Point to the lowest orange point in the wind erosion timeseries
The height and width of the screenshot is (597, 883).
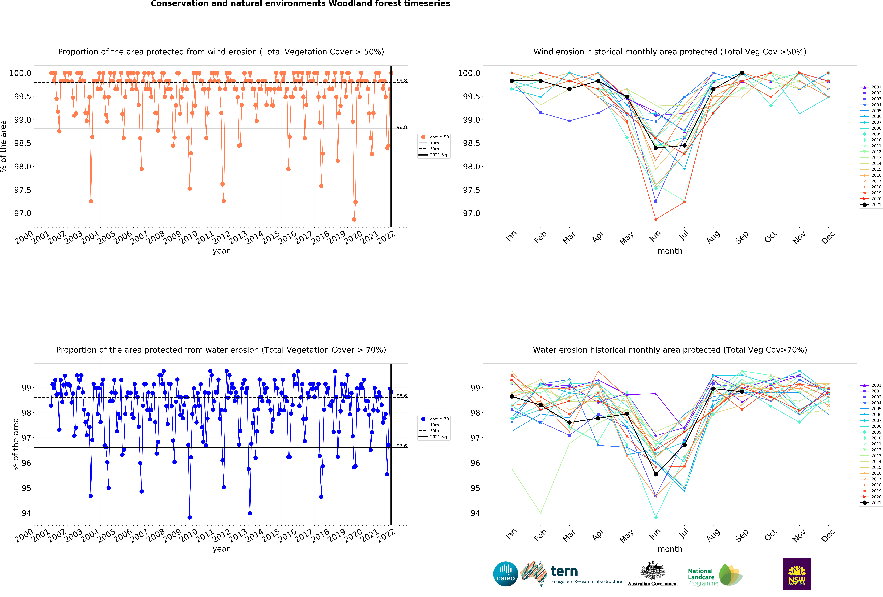[354, 219]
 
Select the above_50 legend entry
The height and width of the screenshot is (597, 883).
[439, 137]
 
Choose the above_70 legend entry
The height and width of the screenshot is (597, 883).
[439, 419]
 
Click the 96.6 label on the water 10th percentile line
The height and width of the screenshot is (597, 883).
[402, 446]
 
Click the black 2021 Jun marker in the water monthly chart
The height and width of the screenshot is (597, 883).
[655, 474]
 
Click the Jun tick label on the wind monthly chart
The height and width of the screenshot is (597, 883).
[655, 236]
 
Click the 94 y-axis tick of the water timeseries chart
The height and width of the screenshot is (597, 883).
[26, 513]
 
